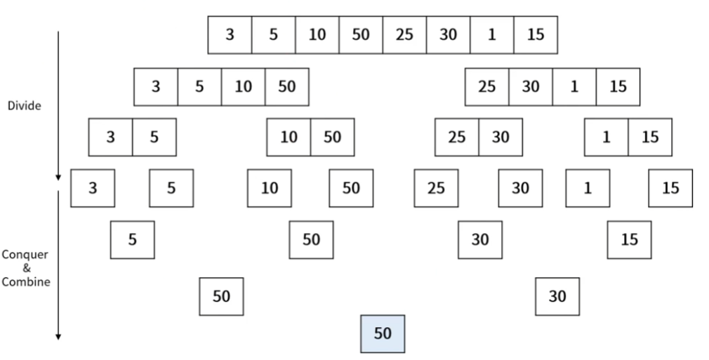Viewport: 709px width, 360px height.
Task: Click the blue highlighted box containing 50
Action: click(383, 334)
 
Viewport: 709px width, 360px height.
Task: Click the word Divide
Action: click(25, 106)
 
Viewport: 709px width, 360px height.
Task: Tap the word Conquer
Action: click(25, 255)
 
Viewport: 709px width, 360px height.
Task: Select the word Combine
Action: click(26, 282)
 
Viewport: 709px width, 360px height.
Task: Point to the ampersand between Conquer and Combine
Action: click(27, 268)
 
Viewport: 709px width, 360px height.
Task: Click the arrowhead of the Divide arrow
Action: click(58, 178)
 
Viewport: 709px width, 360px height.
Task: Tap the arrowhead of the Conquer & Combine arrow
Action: click(58, 336)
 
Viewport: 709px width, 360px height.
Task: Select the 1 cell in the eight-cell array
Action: click(492, 35)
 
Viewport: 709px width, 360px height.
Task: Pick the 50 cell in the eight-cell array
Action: click(361, 35)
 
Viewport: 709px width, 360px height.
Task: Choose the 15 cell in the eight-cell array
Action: click(536, 35)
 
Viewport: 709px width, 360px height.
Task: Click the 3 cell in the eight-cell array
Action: click(230, 35)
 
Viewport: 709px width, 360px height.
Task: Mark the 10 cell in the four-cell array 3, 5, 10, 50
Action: click(244, 87)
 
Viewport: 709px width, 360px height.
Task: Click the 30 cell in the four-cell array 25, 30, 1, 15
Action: click(531, 87)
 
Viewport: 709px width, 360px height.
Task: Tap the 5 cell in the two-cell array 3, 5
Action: click(154, 137)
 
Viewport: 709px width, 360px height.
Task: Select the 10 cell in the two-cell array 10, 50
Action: click(289, 137)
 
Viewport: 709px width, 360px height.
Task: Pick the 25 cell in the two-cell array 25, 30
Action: click(457, 137)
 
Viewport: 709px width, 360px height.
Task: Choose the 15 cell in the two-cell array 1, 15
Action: click(650, 137)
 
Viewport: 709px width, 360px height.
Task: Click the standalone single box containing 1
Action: click(588, 188)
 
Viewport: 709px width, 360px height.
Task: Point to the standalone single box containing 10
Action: click(270, 188)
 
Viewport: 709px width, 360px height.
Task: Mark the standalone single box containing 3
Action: click(93, 188)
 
